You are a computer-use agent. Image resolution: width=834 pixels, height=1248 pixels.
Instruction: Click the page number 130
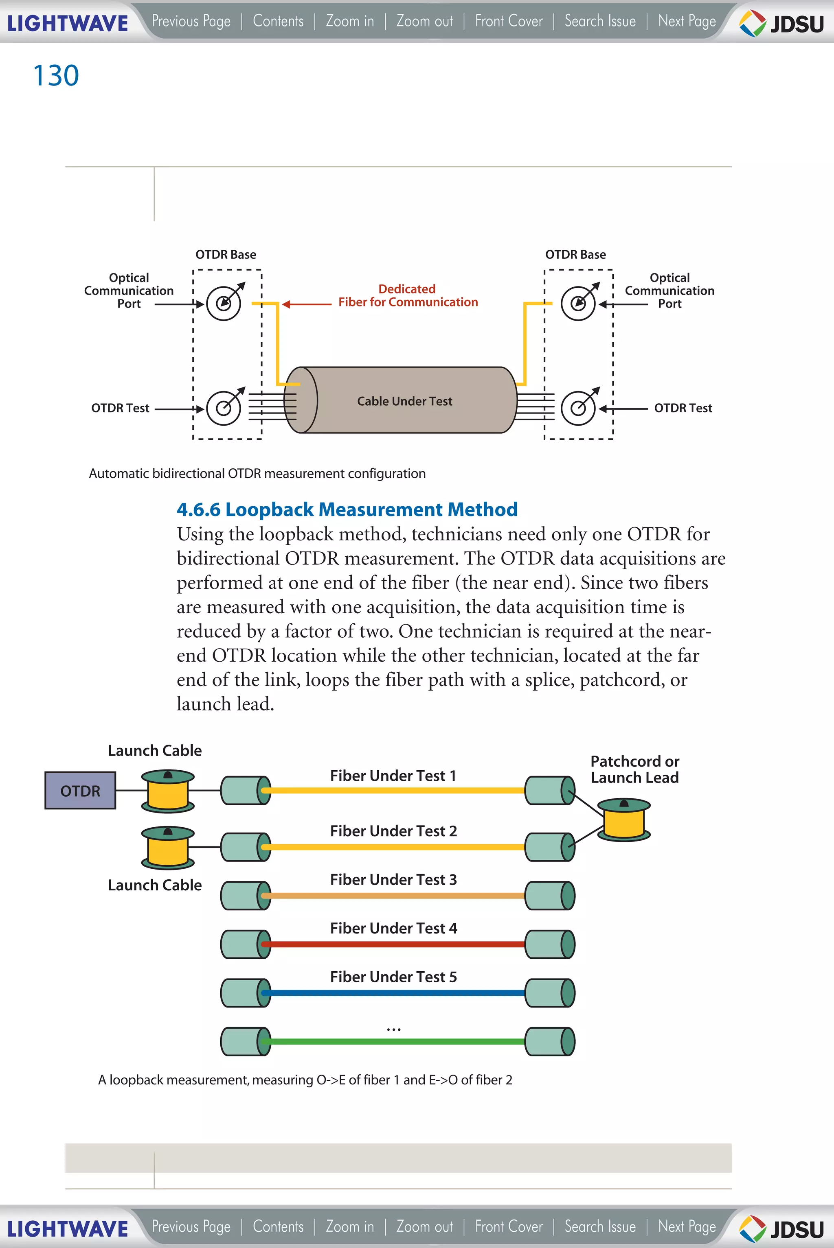click(56, 75)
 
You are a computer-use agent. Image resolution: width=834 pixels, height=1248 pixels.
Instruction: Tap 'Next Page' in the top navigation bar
click(687, 21)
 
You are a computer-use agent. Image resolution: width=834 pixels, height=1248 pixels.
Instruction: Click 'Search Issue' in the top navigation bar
click(600, 21)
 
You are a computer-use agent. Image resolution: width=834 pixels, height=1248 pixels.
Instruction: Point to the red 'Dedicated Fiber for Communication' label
click(408, 295)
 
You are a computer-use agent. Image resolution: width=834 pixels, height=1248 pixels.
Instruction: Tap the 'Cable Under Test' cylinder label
click(404, 401)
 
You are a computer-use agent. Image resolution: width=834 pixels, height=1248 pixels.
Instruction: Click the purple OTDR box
click(80, 790)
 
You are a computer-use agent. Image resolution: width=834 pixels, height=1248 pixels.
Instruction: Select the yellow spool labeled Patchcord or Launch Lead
click(624, 820)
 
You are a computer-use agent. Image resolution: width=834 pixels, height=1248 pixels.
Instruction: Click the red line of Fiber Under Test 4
click(394, 944)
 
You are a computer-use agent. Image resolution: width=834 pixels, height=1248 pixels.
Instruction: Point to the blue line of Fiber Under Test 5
click(394, 993)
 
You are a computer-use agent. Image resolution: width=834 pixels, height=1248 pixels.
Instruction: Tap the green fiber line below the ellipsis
click(394, 1041)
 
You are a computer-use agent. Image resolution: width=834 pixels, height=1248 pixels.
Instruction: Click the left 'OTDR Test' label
click(120, 408)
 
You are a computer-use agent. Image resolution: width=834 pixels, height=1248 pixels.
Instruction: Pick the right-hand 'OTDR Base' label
click(575, 255)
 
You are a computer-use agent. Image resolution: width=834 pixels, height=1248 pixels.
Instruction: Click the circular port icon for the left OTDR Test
click(224, 408)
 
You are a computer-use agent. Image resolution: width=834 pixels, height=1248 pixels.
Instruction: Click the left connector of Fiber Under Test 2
click(245, 847)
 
